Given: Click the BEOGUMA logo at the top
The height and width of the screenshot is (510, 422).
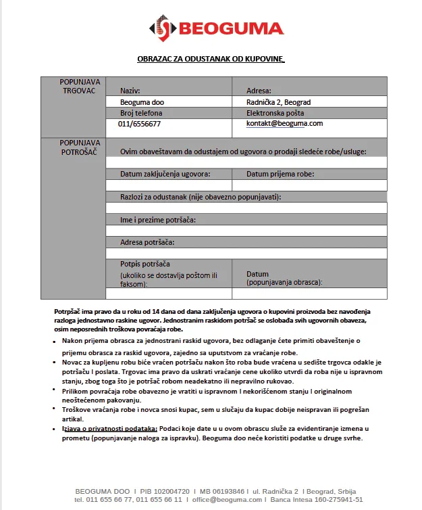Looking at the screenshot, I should point(216,28).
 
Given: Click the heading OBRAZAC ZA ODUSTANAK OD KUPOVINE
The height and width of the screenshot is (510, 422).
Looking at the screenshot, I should point(211,60).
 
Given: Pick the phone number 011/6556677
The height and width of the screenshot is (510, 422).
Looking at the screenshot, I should point(139,124).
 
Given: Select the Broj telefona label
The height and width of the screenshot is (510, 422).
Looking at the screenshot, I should point(141,113).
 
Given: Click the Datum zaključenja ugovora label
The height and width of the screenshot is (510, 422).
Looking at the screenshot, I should point(165,174).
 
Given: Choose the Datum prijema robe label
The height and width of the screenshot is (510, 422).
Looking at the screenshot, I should point(280,174).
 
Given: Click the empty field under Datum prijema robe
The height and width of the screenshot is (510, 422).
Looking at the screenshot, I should point(310,185).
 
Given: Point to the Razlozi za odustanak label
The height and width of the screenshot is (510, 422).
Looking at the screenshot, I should point(201,197).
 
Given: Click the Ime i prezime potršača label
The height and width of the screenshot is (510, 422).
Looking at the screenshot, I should point(162,220).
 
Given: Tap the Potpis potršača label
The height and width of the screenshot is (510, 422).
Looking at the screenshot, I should point(144,263).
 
